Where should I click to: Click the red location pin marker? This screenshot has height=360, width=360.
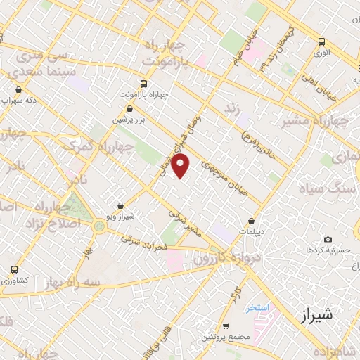click(181, 166)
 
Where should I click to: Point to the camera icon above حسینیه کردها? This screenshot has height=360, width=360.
click(328, 240)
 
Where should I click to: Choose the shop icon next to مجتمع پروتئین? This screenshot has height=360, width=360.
click(225, 326)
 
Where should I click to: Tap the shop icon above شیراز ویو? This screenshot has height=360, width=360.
click(123, 206)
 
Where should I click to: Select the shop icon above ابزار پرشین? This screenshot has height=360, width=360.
click(130, 108)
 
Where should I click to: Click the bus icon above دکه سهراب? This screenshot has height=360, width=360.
click(18, 90)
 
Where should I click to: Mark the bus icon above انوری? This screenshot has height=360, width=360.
click(321, 41)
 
